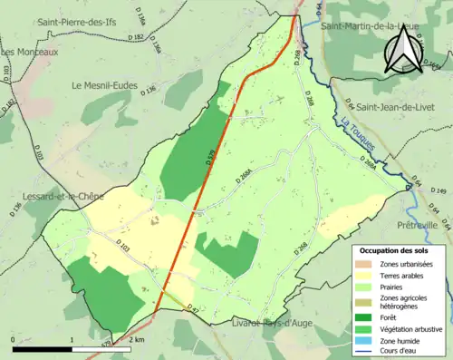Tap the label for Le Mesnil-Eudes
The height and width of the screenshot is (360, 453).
point(104,86)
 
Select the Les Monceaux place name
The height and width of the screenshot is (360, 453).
point(30,53)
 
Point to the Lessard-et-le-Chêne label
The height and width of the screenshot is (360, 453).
point(58,195)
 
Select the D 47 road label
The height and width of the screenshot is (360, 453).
point(192,310)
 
